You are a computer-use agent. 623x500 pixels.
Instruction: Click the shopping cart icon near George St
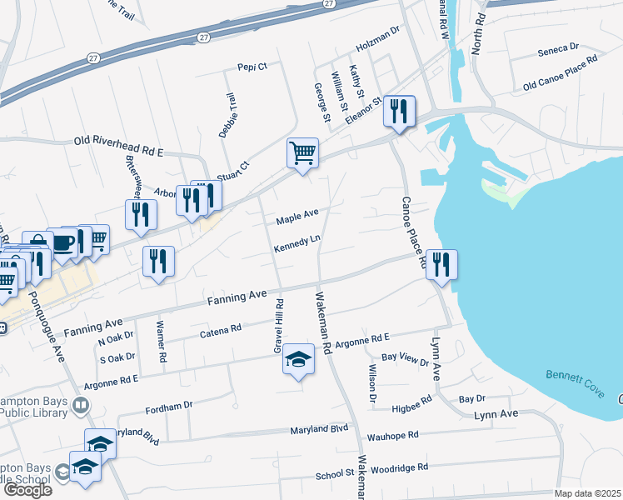(302, 153)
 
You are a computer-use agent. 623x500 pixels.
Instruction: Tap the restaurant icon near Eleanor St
(399, 112)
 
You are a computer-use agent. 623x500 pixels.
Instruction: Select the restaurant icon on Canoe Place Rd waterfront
(441, 265)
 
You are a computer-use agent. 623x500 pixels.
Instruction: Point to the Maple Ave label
(297, 217)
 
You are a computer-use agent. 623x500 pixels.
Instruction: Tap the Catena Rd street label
(221, 332)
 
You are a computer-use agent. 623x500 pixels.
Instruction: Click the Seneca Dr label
(558, 49)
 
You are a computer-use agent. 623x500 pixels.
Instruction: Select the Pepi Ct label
(252, 66)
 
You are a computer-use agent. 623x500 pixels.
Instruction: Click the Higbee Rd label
(412, 399)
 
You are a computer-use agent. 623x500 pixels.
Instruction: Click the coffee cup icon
(62, 242)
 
